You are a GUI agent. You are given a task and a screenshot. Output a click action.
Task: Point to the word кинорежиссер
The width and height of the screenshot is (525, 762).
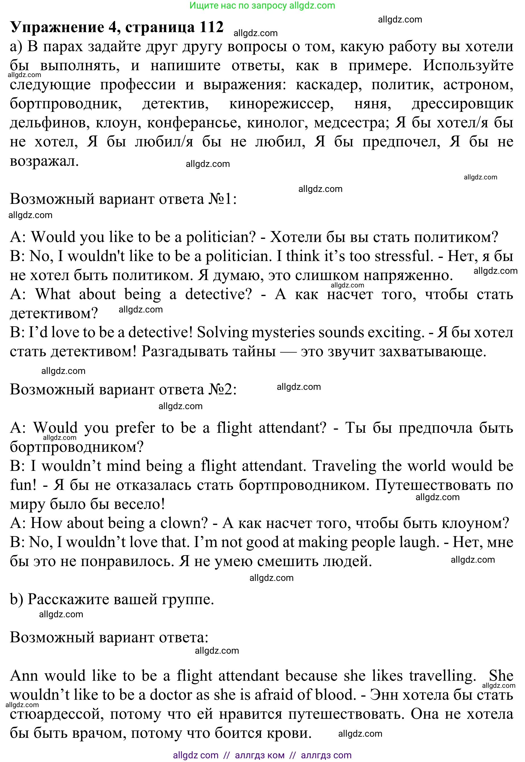coord(281,104)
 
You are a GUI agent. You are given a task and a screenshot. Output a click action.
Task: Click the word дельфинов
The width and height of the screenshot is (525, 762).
coord(50,123)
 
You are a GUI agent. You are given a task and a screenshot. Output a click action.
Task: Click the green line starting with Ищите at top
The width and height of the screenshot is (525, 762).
coord(262,6)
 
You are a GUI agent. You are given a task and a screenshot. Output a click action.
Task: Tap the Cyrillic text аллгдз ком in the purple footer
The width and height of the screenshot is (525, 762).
coord(260,755)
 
